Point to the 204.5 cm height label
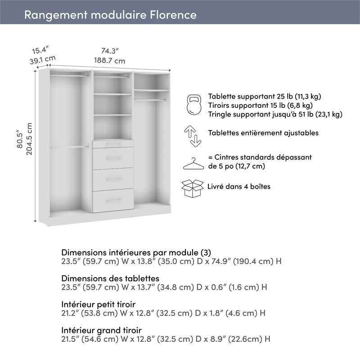[29, 139]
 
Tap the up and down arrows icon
[193, 136]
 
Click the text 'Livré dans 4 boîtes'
[239, 186]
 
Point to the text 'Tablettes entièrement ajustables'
[263, 133]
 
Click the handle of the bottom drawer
[113, 200]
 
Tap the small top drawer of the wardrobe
[113, 144]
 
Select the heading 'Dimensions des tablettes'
[110, 279]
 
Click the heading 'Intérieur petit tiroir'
[98, 305]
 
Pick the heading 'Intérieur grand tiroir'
[101, 331]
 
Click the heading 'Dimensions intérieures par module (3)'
[136, 252]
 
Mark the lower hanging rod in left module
[68, 147]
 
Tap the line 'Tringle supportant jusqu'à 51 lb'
[275, 114]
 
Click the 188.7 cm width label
[109, 61]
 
